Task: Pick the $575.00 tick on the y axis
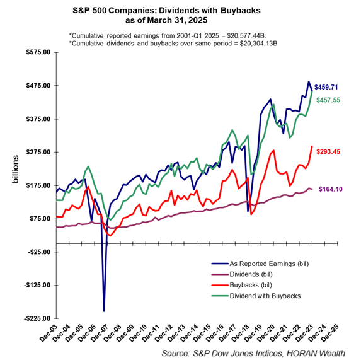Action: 37,52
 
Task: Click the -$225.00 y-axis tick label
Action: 36,319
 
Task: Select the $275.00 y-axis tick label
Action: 37,152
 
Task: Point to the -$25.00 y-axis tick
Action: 38,252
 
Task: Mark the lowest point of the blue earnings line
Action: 104,311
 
